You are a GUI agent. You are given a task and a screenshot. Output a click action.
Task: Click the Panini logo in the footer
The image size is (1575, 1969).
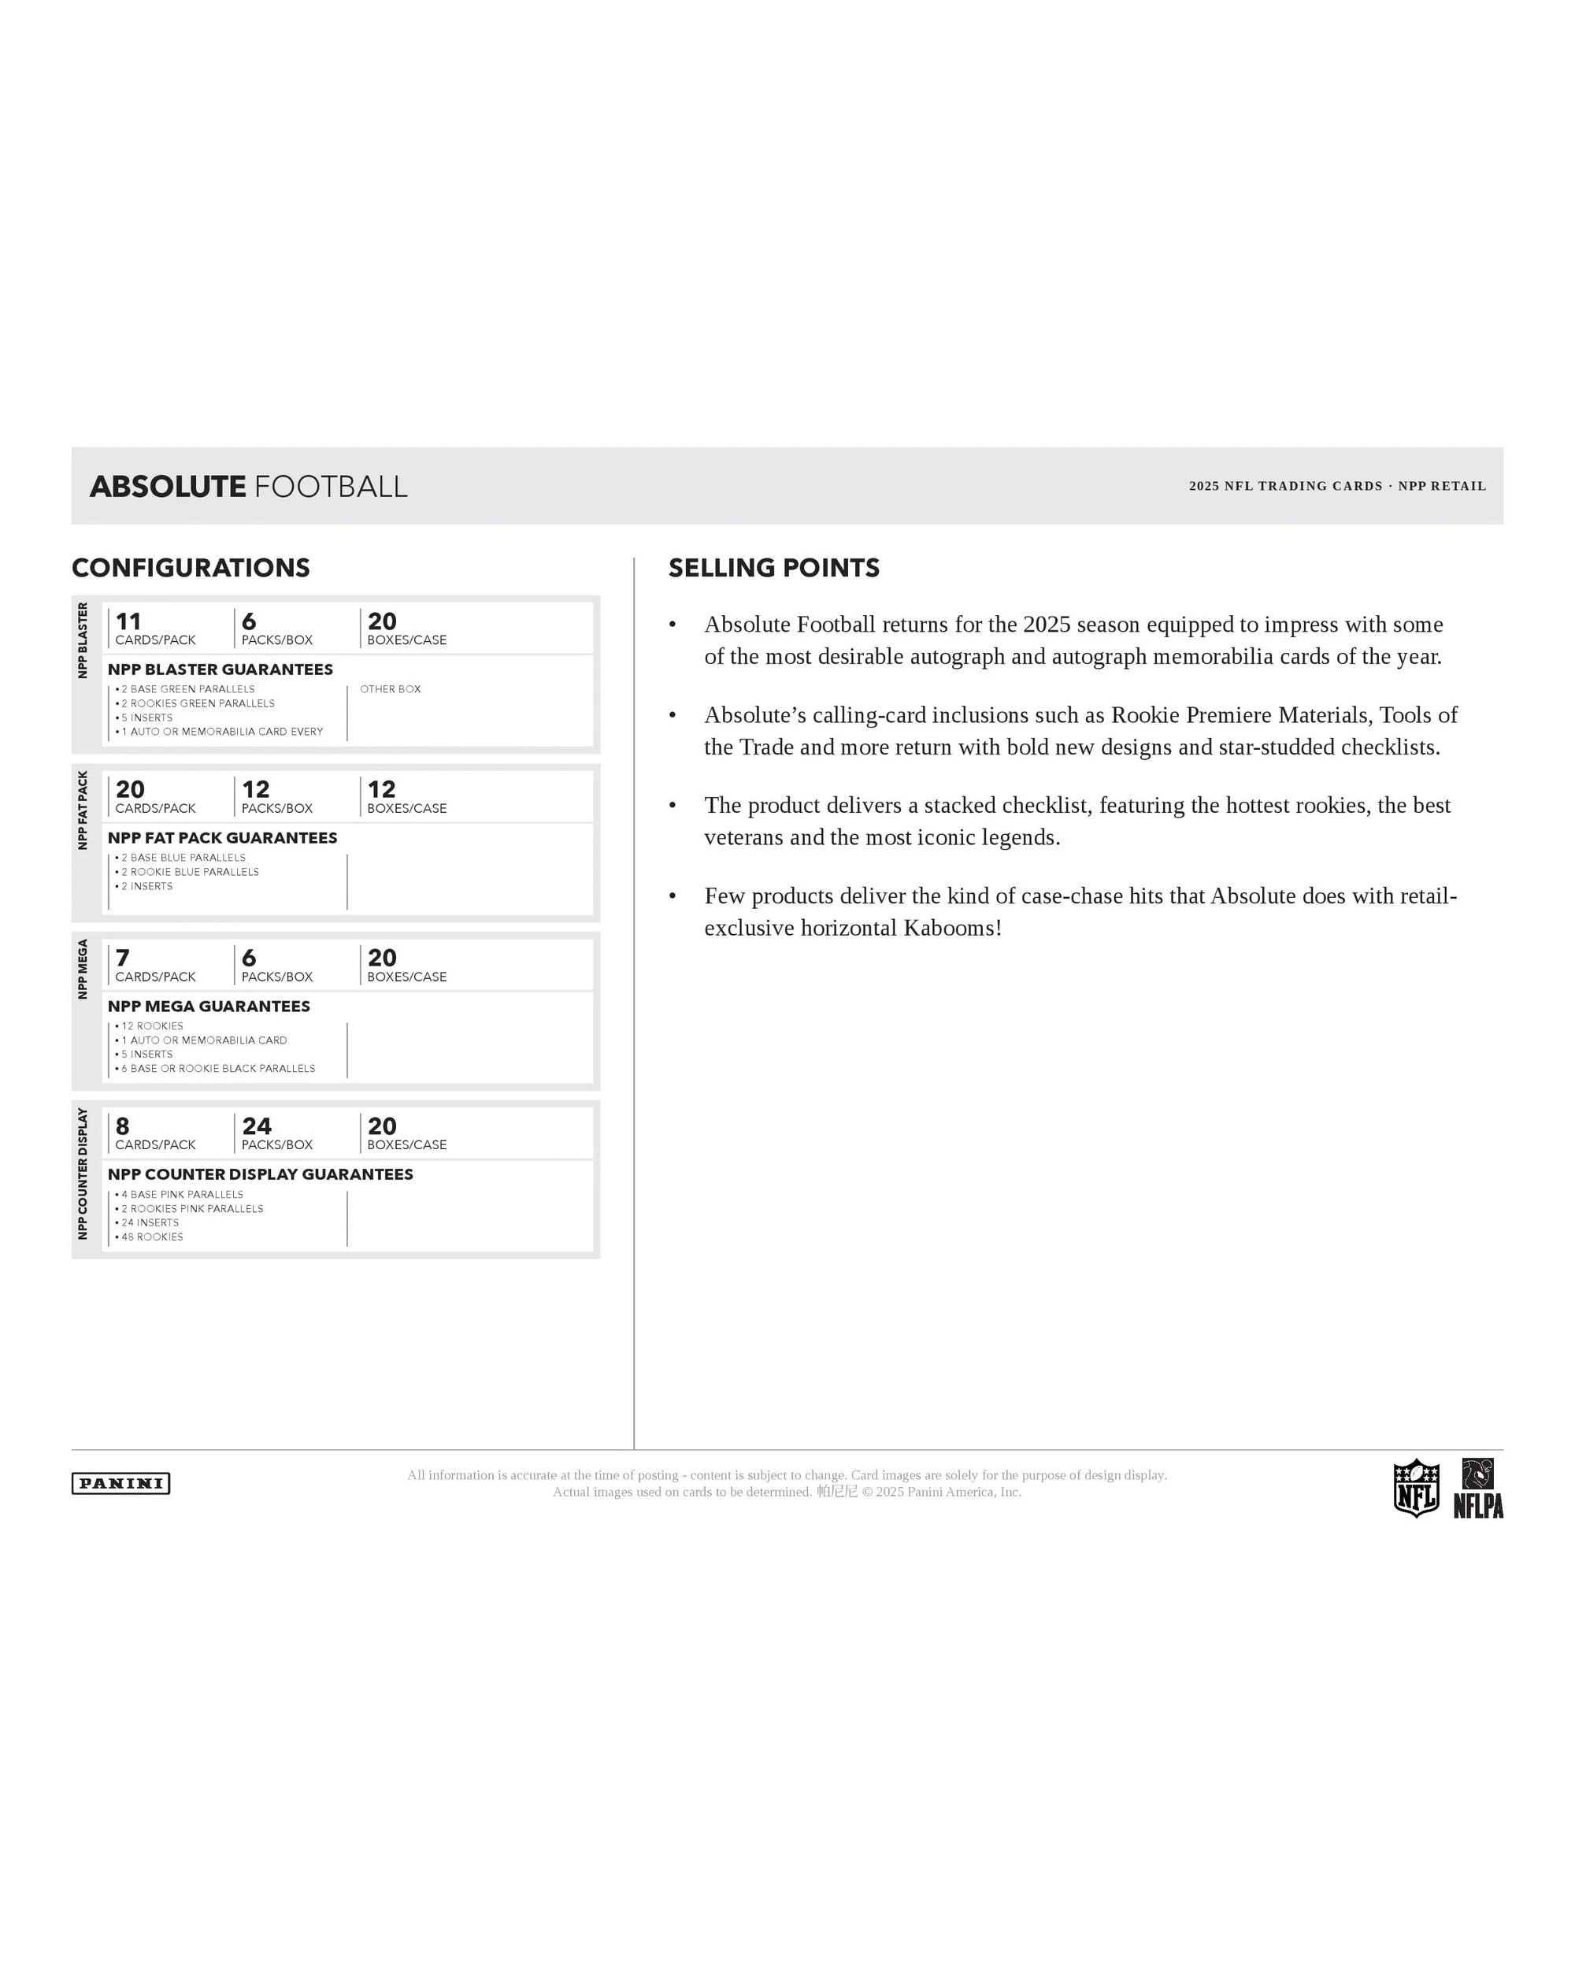(x=120, y=1483)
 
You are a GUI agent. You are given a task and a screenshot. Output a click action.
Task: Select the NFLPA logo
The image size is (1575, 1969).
(x=1477, y=1489)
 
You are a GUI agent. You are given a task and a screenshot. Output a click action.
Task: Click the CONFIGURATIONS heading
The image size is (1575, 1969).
(x=191, y=568)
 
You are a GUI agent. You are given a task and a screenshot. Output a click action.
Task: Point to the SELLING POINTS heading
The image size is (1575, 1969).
(x=773, y=568)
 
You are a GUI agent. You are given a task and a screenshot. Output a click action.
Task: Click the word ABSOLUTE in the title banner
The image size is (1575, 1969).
(x=168, y=487)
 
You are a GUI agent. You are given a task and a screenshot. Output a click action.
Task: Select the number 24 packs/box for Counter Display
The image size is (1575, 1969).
(x=257, y=1126)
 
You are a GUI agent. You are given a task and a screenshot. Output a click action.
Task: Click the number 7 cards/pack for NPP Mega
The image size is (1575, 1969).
(x=122, y=957)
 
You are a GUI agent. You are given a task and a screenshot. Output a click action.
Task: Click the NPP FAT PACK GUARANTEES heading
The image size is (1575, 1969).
(x=222, y=837)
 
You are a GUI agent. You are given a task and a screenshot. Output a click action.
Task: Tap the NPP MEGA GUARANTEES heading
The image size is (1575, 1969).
(x=208, y=1007)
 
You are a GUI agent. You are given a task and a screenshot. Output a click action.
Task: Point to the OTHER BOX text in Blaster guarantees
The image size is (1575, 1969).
(x=390, y=689)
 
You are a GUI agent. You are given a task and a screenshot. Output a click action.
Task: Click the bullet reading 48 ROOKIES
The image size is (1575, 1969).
(x=151, y=1237)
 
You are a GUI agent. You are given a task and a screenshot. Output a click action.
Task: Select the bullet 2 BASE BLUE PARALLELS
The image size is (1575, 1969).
(x=183, y=858)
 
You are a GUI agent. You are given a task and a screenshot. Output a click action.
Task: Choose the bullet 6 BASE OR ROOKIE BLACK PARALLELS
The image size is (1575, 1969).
(x=217, y=1069)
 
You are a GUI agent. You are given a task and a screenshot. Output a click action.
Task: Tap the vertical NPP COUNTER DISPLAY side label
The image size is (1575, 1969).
(x=82, y=1174)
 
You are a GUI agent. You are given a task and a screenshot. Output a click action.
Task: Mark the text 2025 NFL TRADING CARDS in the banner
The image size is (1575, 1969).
(x=1284, y=486)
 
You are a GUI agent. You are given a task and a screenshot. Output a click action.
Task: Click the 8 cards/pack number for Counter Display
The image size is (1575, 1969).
(x=122, y=1126)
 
